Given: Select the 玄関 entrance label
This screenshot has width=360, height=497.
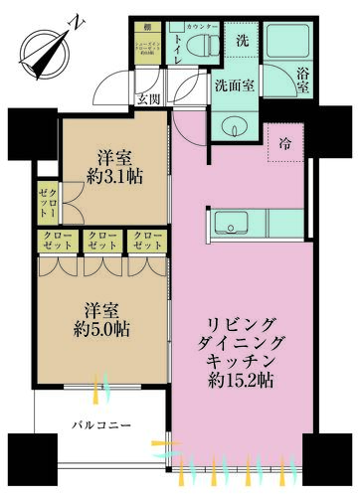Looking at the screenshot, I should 148,97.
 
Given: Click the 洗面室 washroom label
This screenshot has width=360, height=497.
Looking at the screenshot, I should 234,85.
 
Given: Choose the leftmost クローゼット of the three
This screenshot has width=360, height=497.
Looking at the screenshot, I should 56,240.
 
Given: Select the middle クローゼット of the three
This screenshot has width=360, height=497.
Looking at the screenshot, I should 100,240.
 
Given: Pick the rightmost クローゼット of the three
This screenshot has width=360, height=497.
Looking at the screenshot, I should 145,240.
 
